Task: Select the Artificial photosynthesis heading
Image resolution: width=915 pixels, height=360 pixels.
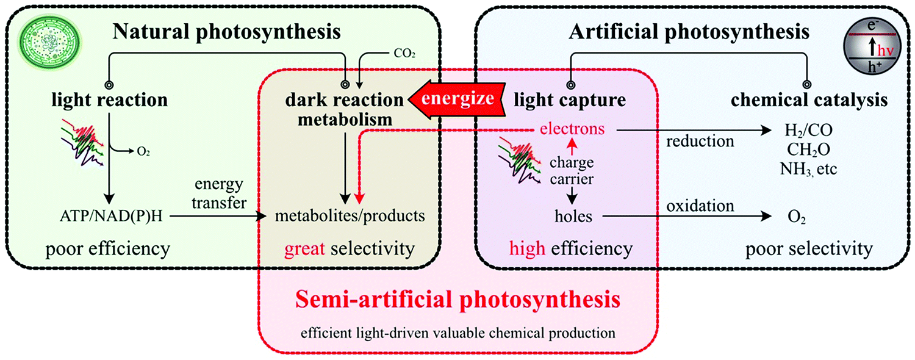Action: (689, 31)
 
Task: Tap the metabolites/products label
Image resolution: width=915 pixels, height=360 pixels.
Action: (349, 215)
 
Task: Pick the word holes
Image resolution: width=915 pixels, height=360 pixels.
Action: (573, 215)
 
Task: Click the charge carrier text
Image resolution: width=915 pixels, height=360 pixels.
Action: (573, 171)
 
